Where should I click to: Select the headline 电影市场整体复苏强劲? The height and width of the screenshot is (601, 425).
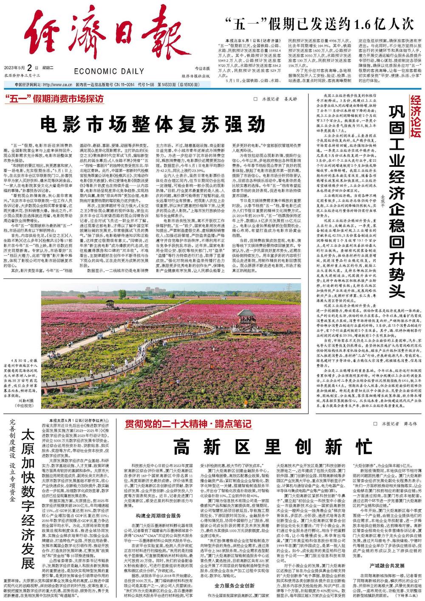tap(153, 124)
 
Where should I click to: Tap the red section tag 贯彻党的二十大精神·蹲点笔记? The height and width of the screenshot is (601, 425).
tap(187, 424)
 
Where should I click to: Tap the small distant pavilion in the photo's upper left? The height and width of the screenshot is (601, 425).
tap(110, 303)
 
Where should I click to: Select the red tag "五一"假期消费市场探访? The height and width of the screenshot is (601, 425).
tap(55, 99)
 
